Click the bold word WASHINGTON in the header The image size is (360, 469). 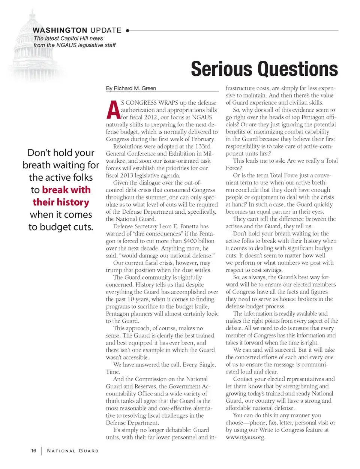60,30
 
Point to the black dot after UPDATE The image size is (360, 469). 127,30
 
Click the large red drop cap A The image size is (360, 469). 113,110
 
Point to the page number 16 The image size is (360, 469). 34,450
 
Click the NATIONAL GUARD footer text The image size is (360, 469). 73,451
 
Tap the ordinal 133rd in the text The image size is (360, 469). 202,146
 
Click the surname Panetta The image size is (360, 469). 190,226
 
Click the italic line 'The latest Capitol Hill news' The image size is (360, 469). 68,38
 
